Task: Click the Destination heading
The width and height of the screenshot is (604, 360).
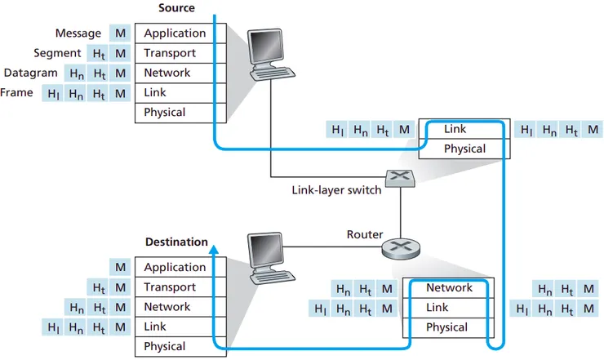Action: pos(175,242)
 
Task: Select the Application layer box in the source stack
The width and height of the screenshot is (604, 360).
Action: pos(175,33)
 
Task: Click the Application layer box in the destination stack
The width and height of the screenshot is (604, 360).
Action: pos(175,268)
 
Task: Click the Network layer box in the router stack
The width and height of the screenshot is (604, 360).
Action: pos(449,288)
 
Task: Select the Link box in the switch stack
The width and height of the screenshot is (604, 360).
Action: pos(455,129)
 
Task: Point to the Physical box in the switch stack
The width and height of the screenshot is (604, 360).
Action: pos(464,149)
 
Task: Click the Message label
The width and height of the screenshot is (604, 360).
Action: pos(78,33)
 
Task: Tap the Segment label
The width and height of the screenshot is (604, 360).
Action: pos(57,53)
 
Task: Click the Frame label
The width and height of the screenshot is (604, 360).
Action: pos(17,92)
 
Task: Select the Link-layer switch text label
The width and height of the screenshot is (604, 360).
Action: pos(336,190)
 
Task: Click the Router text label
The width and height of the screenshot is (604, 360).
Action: pos(364,234)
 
